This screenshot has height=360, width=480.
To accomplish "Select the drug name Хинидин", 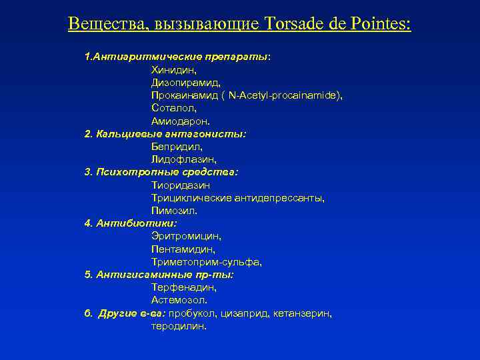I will [173, 70].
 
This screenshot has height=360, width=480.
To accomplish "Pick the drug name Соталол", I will [173, 108].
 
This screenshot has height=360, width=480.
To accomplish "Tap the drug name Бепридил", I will [177, 147].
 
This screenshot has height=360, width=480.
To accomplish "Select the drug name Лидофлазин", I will [184, 159].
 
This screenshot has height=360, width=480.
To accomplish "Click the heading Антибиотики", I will [136, 223].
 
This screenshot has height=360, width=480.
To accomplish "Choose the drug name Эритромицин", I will [186, 236].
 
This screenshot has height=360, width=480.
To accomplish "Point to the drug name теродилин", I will [179, 326].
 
